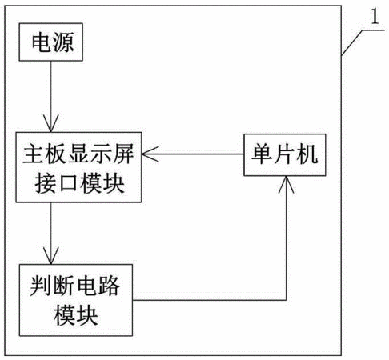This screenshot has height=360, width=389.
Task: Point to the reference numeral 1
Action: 375,17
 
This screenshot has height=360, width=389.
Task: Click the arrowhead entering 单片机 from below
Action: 286,184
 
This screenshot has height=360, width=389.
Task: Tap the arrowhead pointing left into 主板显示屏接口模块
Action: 150,154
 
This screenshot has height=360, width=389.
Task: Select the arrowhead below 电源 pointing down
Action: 50,123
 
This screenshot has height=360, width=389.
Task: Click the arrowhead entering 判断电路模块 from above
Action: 50,255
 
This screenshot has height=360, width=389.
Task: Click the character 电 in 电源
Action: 42,42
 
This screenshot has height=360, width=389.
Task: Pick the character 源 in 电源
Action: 63,42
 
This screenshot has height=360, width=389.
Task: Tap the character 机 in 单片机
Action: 307,154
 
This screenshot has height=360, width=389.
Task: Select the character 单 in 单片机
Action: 262,154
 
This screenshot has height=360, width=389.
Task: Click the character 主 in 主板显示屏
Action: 34,154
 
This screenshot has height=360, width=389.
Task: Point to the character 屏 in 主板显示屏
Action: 123,154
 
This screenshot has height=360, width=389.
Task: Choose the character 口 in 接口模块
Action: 68,183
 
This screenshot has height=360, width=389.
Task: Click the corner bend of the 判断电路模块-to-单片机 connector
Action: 286,300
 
